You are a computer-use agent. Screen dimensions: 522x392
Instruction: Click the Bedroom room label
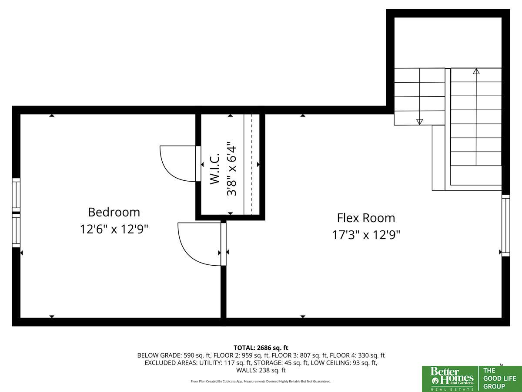click(x=114, y=212)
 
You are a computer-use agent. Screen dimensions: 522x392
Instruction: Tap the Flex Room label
click(x=366, y=218)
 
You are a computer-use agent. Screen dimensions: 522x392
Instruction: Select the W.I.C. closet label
click(x=215, y=169)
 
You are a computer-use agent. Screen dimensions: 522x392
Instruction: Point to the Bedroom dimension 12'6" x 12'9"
click(x=114, y=229)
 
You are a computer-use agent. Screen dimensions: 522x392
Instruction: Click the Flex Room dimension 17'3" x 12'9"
click(x=366, y=235)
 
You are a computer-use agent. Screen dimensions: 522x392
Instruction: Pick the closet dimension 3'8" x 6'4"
click(x=231, y=169)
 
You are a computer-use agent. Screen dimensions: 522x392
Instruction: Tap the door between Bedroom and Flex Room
click(x=201, y=244)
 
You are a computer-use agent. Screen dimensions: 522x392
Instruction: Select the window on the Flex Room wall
click(x=505, y=225)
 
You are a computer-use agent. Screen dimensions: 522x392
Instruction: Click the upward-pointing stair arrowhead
click(x=476, y=71)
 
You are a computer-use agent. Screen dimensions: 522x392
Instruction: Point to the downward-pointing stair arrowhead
click(x=419, y=122)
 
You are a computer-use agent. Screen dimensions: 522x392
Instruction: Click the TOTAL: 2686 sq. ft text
click(x=261, y=348)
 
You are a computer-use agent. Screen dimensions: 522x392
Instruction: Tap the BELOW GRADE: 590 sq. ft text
click(x=174, y=355)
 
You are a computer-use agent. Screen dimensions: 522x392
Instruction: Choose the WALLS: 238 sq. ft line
click(x=261, y=370)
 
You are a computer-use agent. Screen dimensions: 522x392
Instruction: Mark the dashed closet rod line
click(x=252, y=164)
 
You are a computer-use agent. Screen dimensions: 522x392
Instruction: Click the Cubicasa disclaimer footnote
click(x=261, y=381)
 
